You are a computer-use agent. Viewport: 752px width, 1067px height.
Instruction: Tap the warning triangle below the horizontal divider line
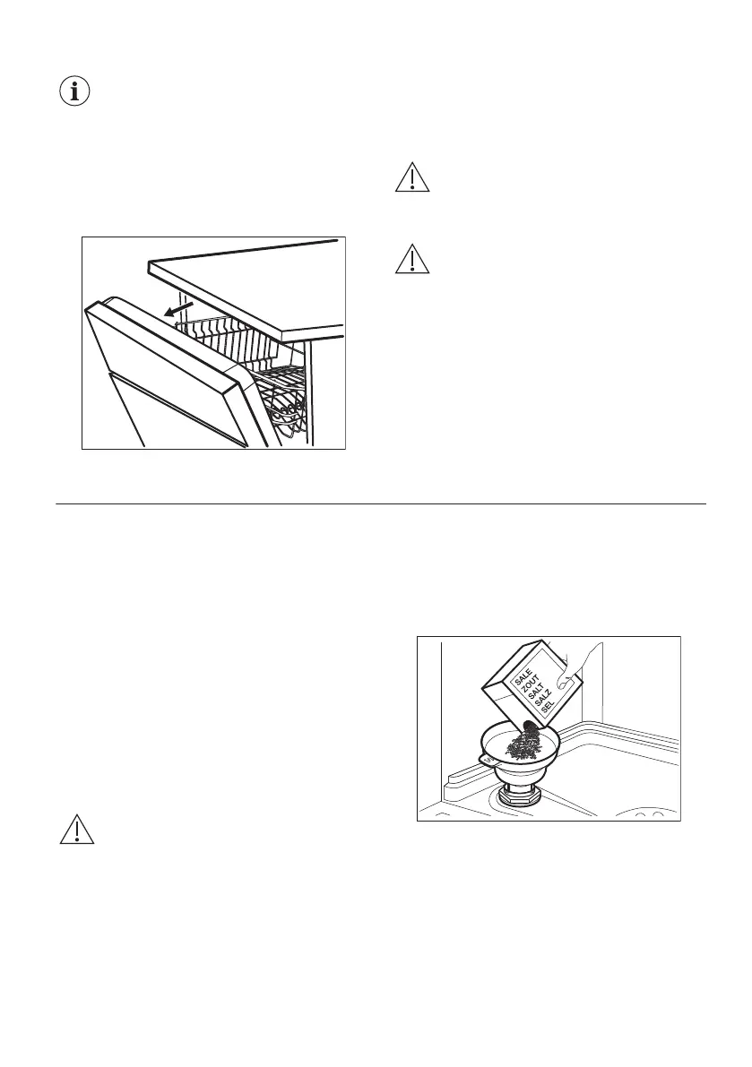pos(77,830)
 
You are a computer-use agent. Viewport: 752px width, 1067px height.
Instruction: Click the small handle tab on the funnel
pos(486,759)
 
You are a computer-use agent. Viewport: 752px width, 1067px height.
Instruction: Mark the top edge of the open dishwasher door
pos(161,331)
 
